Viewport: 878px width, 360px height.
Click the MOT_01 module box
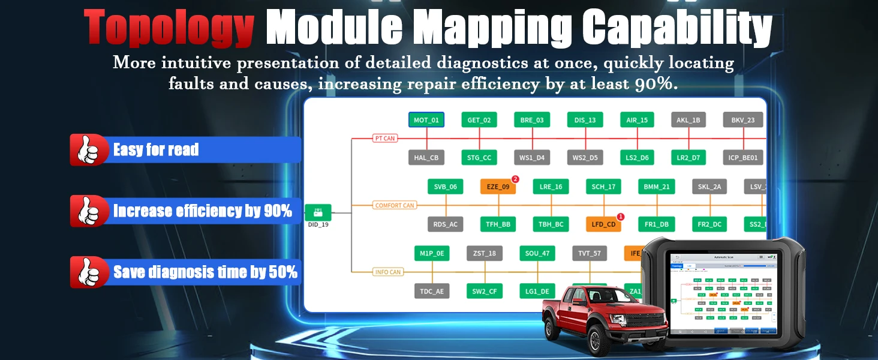pos(426,120)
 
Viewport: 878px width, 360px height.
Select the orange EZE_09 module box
pos(498,187)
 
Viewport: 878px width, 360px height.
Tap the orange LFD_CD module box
pos(603,224)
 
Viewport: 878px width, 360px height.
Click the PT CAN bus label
pos(384,139)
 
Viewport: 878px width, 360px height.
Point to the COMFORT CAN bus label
pos(395,205)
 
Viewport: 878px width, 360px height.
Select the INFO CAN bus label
pos(387,272)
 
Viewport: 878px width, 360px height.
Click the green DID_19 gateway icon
pos(318,212)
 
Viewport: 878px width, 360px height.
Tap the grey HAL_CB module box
pos(426,158)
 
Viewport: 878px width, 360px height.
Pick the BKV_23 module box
pos(742,120)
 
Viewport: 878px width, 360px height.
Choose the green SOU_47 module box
pos(537,253)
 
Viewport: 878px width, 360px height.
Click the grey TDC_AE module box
pos(431,291)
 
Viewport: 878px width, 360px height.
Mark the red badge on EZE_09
pos(515,179)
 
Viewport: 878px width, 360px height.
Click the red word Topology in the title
pos(169,28)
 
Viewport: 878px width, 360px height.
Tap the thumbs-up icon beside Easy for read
pos(89,149)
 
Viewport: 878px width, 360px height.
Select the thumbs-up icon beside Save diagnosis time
pos(89,272)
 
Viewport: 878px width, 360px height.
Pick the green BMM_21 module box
pos(656,187)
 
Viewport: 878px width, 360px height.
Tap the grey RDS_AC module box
pos(445,224)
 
